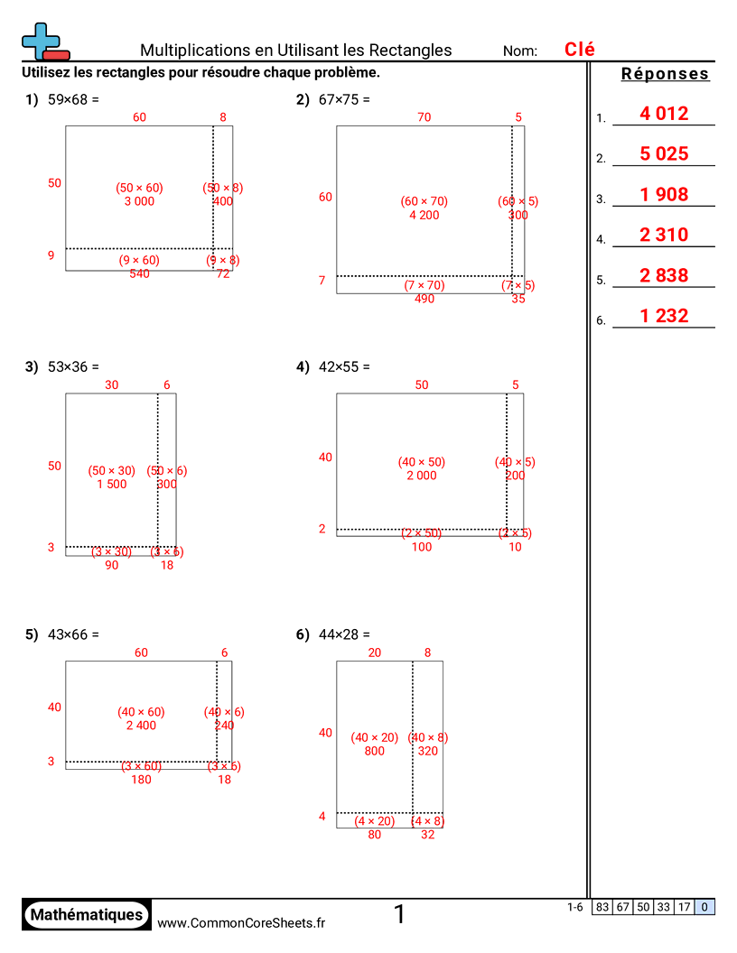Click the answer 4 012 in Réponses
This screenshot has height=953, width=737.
click(664, 114)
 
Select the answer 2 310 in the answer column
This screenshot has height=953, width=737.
click(664, 236)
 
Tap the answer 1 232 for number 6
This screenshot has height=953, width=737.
click(664, 316)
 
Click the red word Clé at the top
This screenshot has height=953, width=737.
click(579, 50)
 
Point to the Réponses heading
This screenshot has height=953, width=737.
click(666, 75)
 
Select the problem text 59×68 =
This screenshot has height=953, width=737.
click(73, 100)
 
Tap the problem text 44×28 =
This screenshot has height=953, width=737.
click(344, 635)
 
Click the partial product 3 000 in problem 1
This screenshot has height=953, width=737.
click(139, 201)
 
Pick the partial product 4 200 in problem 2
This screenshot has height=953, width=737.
click(424, 216)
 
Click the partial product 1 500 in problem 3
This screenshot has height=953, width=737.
click(112, 485)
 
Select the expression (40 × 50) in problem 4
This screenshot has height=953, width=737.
click(422, 462)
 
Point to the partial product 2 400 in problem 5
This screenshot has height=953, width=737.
click(141, 726)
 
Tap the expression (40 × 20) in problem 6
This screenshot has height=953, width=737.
click(374, 737)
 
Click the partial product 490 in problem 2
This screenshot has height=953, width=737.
click(424, 299)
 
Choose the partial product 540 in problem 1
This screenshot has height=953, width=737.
click(139, 273)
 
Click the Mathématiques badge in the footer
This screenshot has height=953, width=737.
click(87, 915)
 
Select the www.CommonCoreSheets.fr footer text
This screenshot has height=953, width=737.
click(241, 922)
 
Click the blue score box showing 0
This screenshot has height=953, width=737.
click(704, 908)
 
